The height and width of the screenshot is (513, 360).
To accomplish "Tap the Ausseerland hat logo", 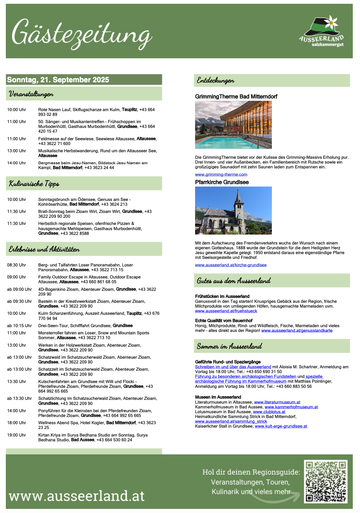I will tap(321, 31).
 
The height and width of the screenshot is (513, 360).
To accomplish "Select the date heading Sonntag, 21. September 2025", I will tap(58, 80).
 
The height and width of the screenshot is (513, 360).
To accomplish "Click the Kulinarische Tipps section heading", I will tap(34, 184).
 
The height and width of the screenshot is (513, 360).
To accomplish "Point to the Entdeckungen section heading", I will tap(215, 81).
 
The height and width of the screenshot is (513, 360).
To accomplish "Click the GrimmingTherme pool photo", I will tap(233, 125).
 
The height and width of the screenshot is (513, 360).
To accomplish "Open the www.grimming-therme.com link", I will tap(221, 175).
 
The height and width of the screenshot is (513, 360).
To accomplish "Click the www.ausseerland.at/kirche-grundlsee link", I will tap(231, 265).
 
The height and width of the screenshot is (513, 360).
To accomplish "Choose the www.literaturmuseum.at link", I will tap(277, 402).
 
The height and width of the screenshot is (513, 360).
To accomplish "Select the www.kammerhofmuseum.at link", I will tap(291, 407).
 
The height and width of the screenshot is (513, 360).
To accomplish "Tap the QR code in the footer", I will tap(326, 481).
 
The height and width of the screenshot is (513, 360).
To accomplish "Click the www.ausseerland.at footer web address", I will tap(76, 496).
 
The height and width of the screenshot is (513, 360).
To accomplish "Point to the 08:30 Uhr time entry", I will tap(16, 265).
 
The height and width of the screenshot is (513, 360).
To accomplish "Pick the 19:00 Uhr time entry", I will tap(16, 435).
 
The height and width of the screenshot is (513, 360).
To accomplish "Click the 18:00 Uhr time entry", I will tap(16, 423).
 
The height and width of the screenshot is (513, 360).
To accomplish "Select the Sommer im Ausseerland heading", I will tap(229, 346).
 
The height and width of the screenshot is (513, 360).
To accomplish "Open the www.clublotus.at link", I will tap(269, 412).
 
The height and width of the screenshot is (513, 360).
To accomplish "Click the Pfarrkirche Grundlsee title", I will tap(222, 182).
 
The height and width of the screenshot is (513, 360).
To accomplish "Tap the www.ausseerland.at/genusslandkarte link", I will tap(297, 331).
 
